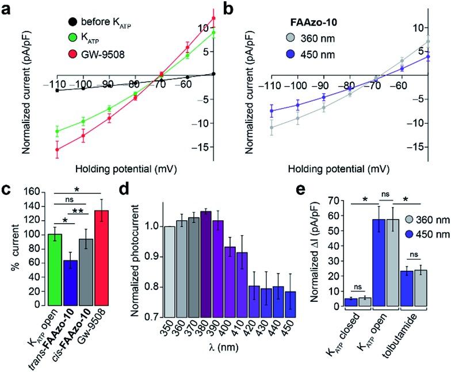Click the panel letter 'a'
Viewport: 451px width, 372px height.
point(7,10)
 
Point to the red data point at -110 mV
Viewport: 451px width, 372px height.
point(57,149)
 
